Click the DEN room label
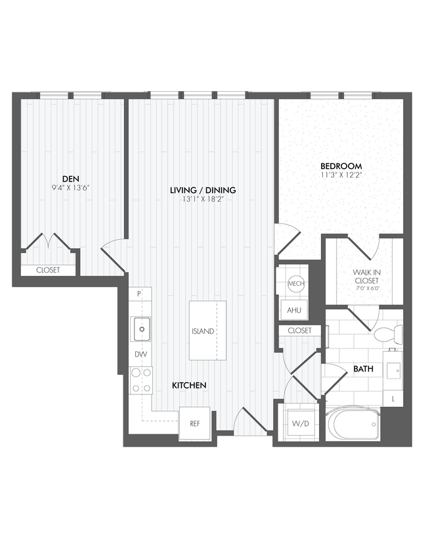[70, 178]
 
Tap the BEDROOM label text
[341, 166]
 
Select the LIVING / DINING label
[202, 190]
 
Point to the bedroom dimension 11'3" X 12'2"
[341, 176]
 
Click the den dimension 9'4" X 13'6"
[70, 187]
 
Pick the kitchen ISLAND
[207, 331]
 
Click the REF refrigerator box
[194, 423]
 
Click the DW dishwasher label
[140, 354]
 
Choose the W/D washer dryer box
[301, 423]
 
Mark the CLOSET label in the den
[48, 270]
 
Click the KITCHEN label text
[190, 386]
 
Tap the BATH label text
[363, 370]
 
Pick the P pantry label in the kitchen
[139, 296]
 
